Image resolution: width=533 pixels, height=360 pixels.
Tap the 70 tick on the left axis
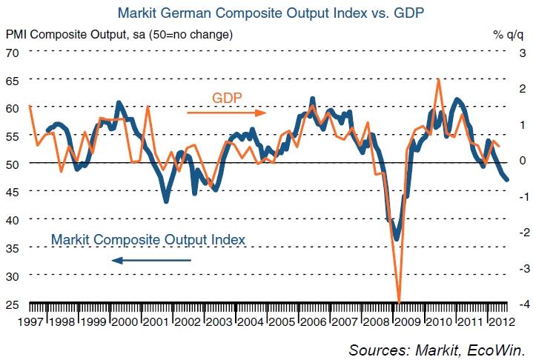[12, 52]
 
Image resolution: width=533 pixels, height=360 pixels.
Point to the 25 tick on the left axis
[12, 303]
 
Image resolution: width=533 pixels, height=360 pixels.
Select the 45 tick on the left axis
[12, 192]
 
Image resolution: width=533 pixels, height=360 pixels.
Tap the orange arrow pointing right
[226, 113]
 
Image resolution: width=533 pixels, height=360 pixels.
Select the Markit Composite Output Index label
[148, 239]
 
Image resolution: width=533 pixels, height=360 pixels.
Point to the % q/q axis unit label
[508, 34]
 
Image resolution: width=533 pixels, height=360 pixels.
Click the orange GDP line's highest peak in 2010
[439, 79]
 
